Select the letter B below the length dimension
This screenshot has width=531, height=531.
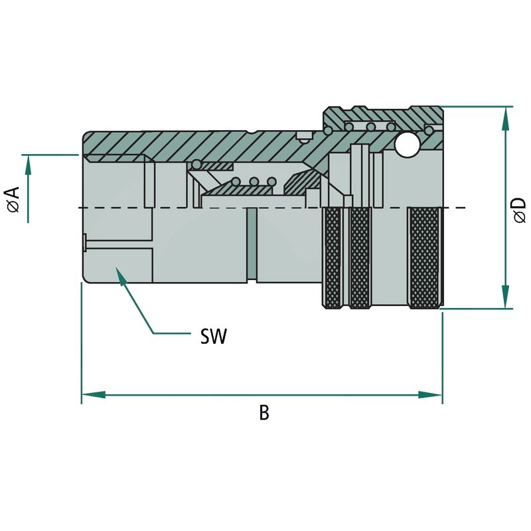(x=264, y=413)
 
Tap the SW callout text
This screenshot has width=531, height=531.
(x=214, y=337)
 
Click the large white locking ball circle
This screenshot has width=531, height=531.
(x=406, y=145)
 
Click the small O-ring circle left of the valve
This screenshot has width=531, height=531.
(x=196, y=165)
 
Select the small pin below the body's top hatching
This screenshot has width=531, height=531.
(x=303, y=139)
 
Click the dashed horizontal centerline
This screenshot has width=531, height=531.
(x=199, y=208)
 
